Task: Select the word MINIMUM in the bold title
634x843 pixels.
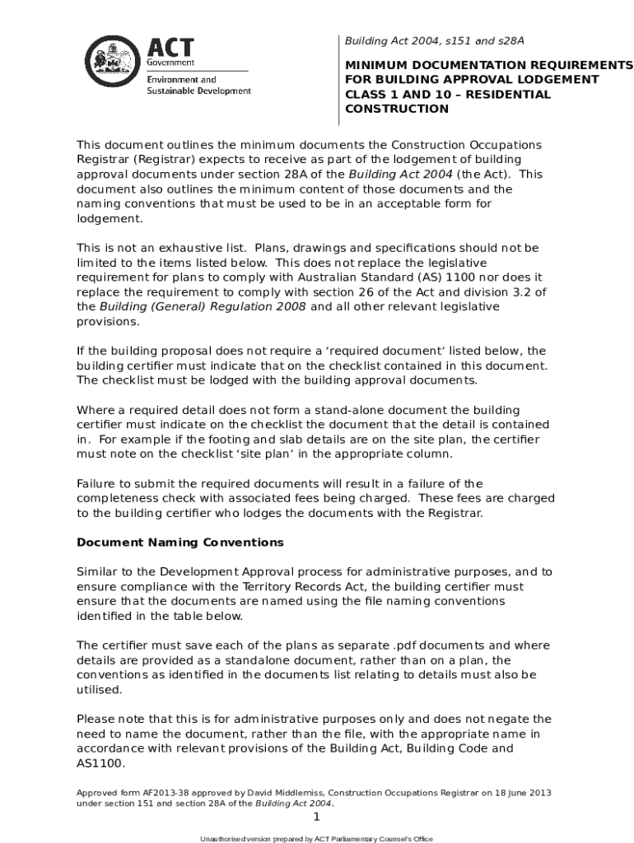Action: point(380,64)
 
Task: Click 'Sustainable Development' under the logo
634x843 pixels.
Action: point(198,91)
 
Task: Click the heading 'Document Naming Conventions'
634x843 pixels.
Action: point(179,543)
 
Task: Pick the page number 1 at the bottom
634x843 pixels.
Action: point(315,817)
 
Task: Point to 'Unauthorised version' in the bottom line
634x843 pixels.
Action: point(239,838)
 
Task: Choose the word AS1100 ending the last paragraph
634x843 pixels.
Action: point(100,763)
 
